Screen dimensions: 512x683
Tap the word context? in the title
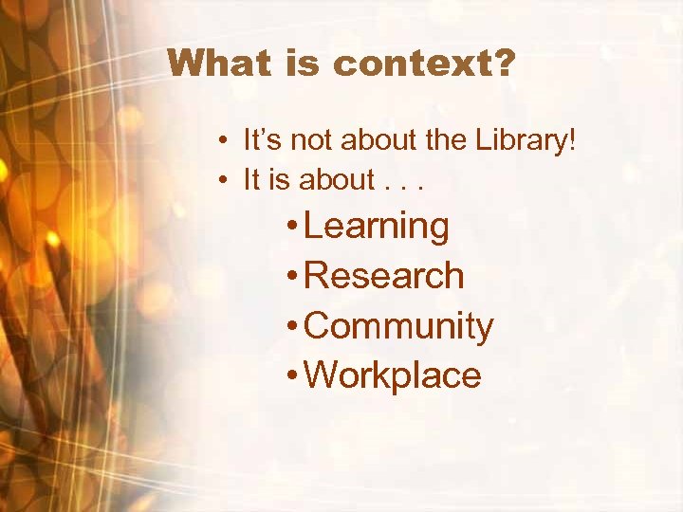(424, 64)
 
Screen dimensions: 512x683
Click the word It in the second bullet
(251, 179)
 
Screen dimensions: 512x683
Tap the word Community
(400, 326)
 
